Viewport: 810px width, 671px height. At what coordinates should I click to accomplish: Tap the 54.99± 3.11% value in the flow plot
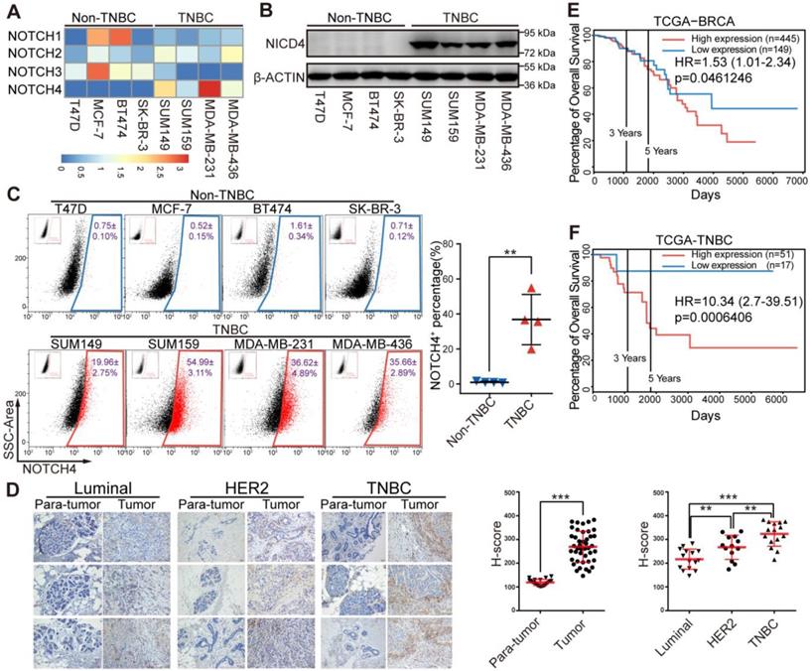click(x=203, y=373)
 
